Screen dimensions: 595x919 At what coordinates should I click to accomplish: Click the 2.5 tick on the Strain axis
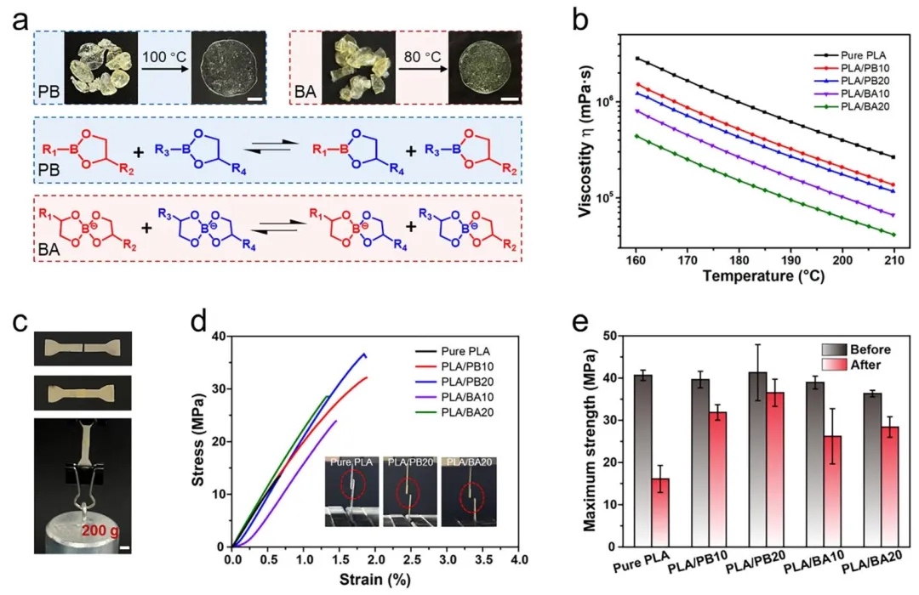coord(412,562)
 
